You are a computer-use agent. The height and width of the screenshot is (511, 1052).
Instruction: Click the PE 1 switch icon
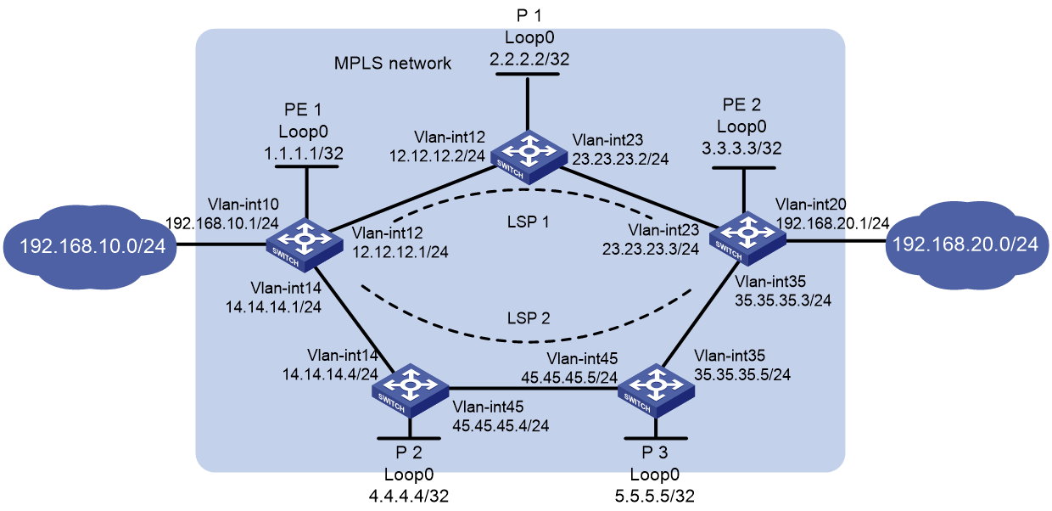click(305, 245)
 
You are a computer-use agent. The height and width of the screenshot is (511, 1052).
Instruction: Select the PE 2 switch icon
click(747, 239)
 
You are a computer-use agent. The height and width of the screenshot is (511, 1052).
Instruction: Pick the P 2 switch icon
click(411, 390)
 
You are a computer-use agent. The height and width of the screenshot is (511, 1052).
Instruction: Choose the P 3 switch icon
click(656, 390)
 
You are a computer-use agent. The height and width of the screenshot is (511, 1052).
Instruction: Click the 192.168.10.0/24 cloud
click(90, 247)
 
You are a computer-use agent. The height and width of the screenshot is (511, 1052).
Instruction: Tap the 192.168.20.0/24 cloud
click(967, 244)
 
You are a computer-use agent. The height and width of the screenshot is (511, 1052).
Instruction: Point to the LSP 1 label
click(528, 222)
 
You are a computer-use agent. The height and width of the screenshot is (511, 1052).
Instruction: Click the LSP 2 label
click(529, 318)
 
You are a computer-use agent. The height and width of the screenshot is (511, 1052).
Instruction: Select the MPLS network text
click(393, 63)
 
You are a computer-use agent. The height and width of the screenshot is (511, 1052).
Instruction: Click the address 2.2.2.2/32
click(529, 59)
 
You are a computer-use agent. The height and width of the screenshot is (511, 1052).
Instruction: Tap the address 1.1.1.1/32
click(304, 154)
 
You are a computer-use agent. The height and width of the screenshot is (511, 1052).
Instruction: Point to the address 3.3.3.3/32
click(741, 149)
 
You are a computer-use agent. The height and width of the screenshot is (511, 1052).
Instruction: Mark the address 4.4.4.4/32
click(409, 496)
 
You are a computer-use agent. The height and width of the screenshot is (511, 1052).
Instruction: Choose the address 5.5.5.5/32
click(655, 496)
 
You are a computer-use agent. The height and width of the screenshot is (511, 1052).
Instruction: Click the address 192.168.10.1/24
click(222, 223)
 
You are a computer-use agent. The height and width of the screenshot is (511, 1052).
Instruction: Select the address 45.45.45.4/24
click(501, 425)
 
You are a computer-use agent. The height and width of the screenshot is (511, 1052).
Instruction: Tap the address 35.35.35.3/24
click(783, 300)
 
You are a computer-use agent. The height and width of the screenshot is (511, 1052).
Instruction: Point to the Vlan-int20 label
click(810, 204)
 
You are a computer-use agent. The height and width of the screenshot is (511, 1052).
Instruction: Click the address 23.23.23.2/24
click(620, 159)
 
